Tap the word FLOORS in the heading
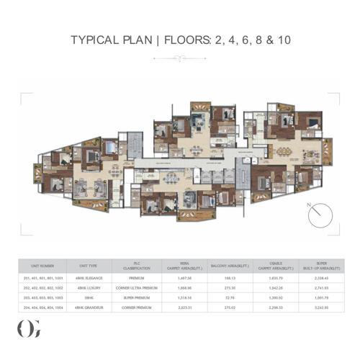point(184,39)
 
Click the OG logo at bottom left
point(26,328)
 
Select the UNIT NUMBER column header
point(44,264)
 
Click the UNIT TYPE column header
point(89,264)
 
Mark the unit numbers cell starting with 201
point(44,276)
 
